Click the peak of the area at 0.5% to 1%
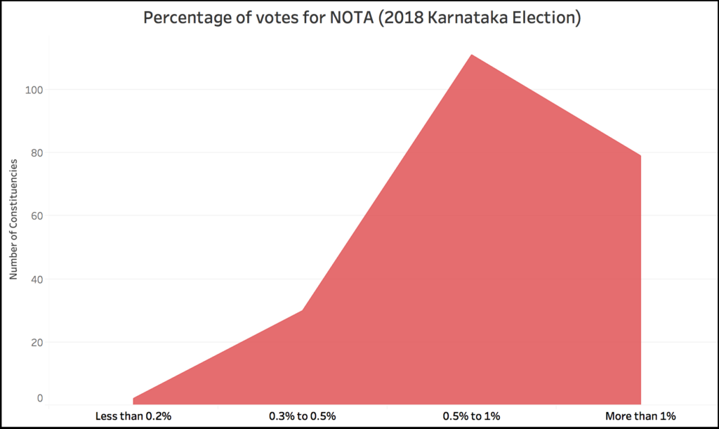[x=471, y=55]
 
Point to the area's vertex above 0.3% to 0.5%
[x=302, y=310]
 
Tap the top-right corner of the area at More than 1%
[x=640, y=156]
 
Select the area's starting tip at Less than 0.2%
[x=134, y=398]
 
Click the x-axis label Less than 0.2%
[x=133, y=416]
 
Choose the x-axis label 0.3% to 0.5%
[x=303, y=416]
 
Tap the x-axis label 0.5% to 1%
[x=471, y=416]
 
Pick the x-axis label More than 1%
[x=640, y=416]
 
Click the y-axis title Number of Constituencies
[x=13, y=220]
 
